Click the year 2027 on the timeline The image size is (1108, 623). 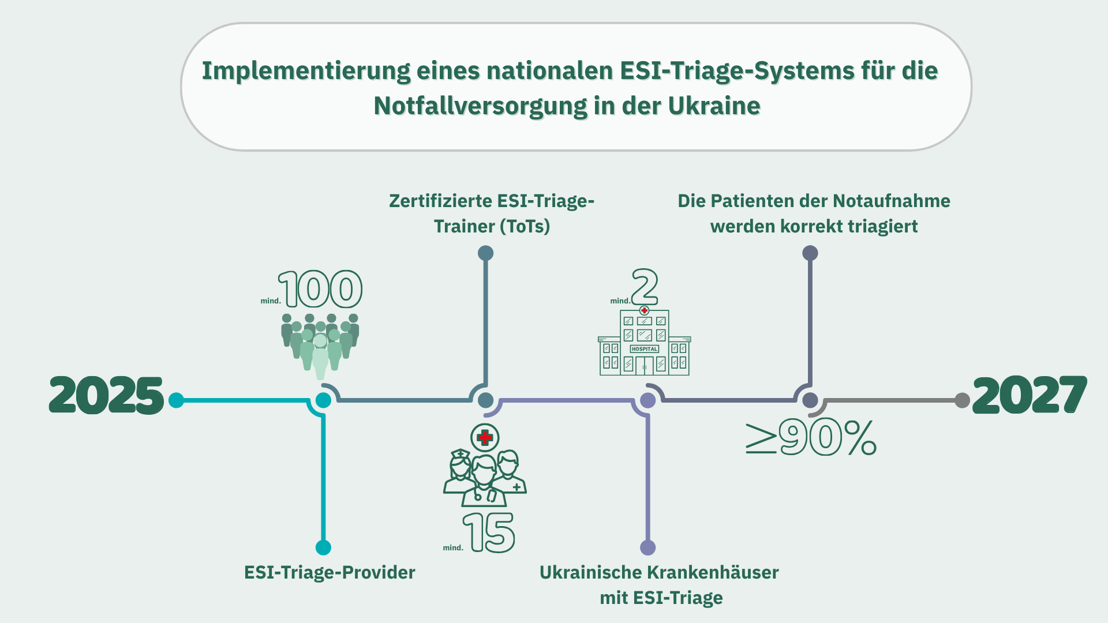pos(1030,396)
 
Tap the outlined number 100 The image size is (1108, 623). pos(321,289)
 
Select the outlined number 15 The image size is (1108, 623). pos(489,533)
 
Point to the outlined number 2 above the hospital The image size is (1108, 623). pos(645,287)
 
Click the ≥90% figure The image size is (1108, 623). pos(811,438)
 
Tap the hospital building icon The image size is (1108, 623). pos(644,343)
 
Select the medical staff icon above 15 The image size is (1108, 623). pos(485,476)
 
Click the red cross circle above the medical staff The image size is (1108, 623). pos(485,438)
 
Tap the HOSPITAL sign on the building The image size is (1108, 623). pos(645,349)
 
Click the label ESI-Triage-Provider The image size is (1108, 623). pos(330,572)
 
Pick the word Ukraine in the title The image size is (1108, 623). pos(714,106)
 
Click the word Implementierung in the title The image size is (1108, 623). pos(306,71)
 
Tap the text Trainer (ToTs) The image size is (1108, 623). pos(492,226)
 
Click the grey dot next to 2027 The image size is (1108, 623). pos(962,400)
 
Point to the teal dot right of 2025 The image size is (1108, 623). pos(176,400)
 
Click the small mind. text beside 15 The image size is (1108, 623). pos(453,547)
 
